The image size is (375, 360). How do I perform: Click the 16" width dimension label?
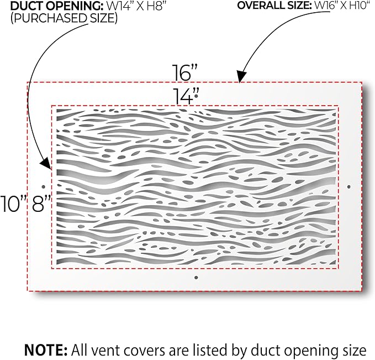tap(185, 72)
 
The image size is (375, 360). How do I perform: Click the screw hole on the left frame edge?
tap(43, 186)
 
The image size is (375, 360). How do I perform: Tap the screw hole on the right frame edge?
tap(349, 186)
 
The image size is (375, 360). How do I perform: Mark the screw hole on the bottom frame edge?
tap(196, 278)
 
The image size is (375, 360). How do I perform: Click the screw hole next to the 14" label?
tap(196, 96)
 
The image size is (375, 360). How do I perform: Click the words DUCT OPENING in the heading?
tap(56, 6)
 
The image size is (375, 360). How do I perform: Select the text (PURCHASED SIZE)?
tap(64, 18)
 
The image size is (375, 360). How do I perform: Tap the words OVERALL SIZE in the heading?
tap(274, 6)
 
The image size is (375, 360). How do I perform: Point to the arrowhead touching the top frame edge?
tap(241, 76)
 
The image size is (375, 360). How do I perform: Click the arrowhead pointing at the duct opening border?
tap(46, 164)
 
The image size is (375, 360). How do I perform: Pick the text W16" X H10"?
tap(341, 6)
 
